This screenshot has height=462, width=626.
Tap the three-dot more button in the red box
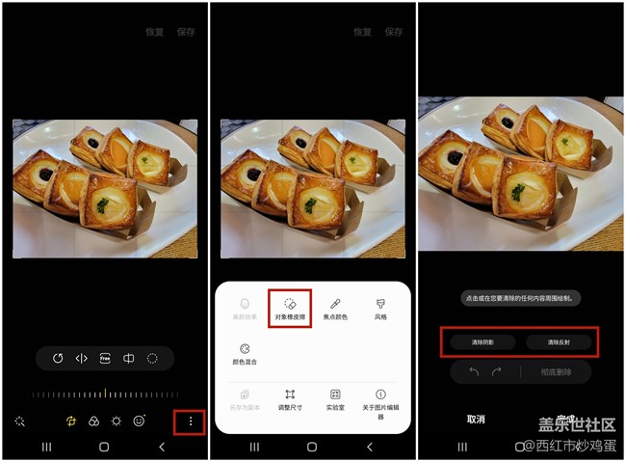coord(191,421)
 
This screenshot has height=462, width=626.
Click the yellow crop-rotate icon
coord(71,421)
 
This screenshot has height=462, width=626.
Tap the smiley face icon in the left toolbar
coord(140,421)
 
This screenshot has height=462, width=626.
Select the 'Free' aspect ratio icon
coord(105,358)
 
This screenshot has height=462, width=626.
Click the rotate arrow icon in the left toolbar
coord(58,358)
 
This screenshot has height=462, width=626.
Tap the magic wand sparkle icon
coord(19,421)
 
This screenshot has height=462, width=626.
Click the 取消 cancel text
coord(476,420)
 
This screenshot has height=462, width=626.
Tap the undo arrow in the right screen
coord(474,371)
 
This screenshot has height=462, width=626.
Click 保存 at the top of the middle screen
coord(394,32)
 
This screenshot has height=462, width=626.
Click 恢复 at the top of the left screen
coord(155,32)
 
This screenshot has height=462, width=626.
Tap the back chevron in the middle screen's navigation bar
coord(369,448)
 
